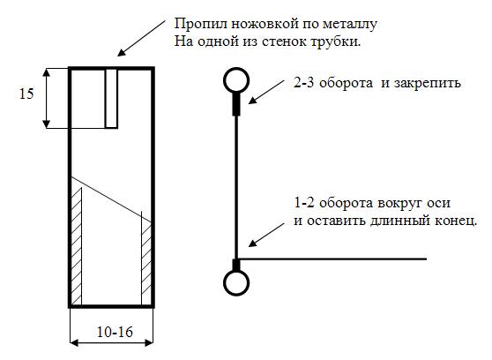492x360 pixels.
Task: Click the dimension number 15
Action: [26, 94]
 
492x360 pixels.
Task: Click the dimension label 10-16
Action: [115, 332]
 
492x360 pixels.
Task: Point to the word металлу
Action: [350, 25]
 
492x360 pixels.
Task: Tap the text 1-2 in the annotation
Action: [303, 203]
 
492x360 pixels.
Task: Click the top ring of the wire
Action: [236, 69]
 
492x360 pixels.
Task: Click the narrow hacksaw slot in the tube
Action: [111, 98]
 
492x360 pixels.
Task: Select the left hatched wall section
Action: [77, 246]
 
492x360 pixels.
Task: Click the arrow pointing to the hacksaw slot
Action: [141, 38]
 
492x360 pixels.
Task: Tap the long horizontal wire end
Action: [333, 259]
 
